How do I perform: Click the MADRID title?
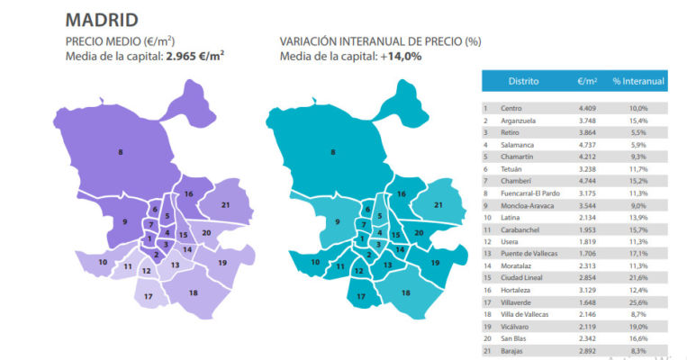click(102, 19)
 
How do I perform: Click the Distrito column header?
click(523, 81)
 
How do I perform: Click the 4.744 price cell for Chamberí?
click(587, 179)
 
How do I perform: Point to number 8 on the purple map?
click(121, 152)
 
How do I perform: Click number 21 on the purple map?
click(225, 206)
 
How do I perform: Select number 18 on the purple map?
click(193, 292)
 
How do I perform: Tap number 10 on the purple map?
click(104, 262)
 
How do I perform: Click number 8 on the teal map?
click(333, 152)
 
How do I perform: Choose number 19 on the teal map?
click(435, 262)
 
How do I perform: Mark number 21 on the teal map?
click(438, 206)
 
